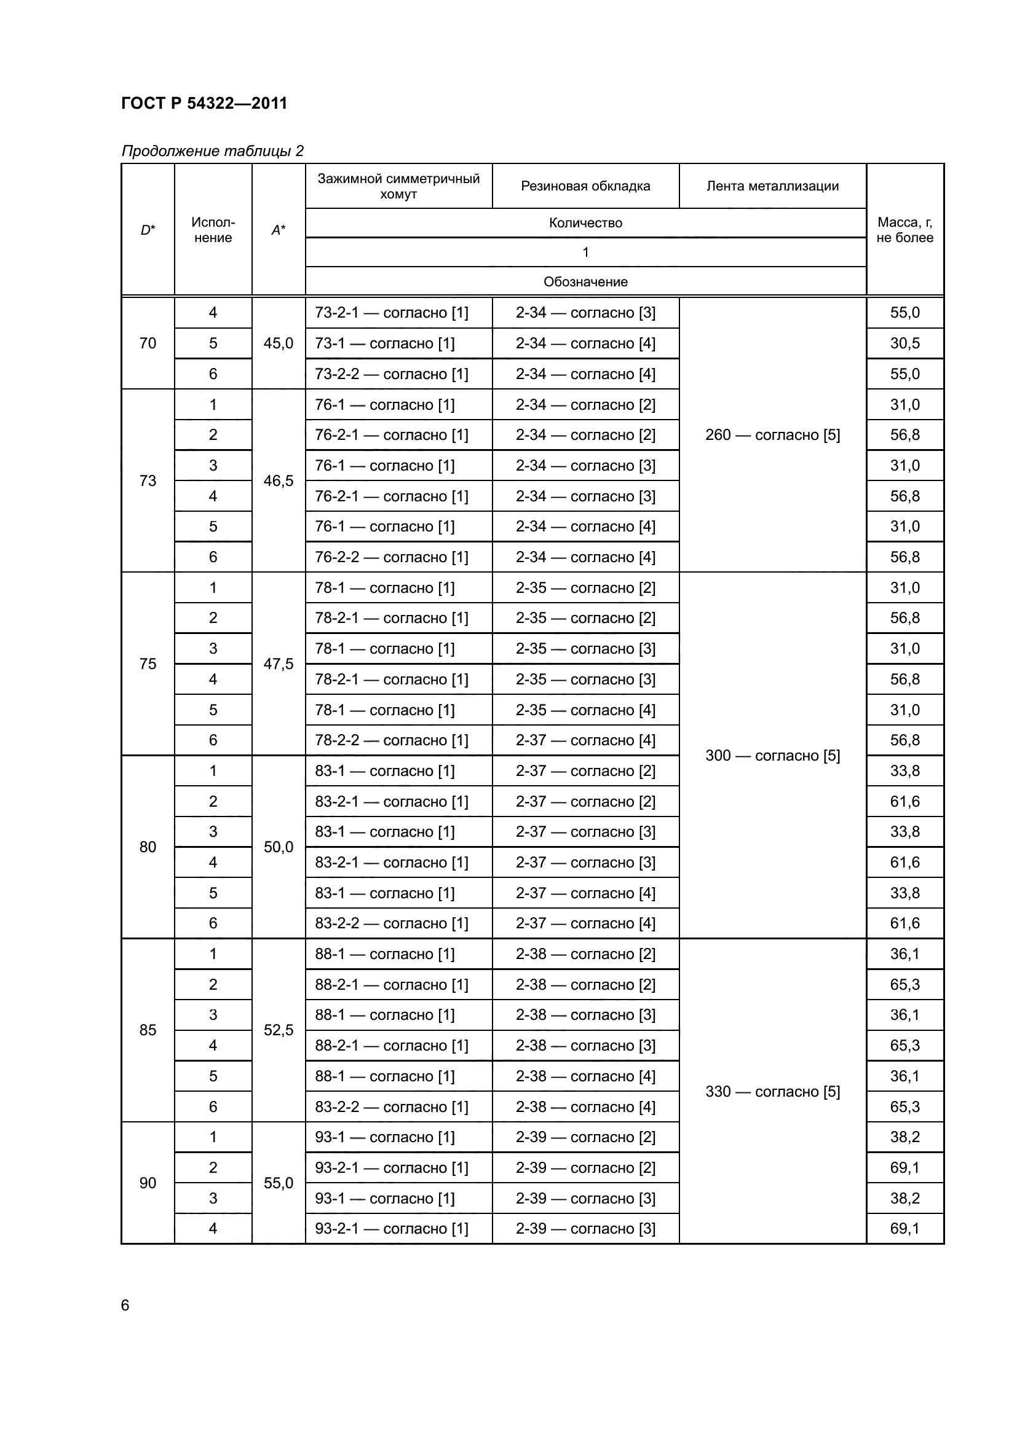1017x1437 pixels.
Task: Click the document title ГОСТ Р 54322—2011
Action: coord(204,103)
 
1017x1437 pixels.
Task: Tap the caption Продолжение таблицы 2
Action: coord(212,151)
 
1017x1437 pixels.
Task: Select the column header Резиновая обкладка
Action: coord(585,186)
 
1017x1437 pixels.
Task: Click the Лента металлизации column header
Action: coord(772,186)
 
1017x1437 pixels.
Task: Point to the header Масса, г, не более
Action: coord(904,230)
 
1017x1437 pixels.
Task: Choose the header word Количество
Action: coord(585,223)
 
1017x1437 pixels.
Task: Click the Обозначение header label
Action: coord(585,281)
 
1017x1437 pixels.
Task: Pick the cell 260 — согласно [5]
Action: coord(772,435)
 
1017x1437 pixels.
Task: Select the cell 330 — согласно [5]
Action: coord(772,1092)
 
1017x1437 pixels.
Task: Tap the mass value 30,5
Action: coord(904,343)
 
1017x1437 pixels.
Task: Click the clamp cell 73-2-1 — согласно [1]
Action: coord(392,312)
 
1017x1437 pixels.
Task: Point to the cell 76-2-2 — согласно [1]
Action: coord(392,557)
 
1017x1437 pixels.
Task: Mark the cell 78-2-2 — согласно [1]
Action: coord(392,740)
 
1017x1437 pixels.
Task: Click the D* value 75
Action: coord(148,664)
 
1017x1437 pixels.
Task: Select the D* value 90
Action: coord(148,1183)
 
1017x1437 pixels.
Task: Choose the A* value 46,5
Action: coord(278,480)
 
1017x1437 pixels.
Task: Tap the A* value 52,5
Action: coord(278,1030)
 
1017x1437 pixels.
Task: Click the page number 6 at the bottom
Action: coord(125,1306)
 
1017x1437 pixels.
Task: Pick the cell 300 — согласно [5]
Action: coord(772,756)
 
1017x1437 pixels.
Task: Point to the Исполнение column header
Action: coord(213,230)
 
